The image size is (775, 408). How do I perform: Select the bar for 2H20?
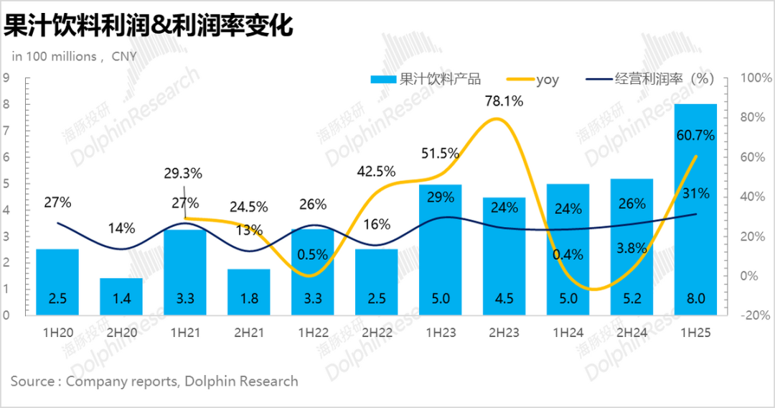(121, 297)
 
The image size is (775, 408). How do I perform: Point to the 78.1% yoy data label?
(504, 101)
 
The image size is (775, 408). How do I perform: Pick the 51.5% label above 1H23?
(440, 152)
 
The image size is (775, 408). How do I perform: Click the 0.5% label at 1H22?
(311, 254)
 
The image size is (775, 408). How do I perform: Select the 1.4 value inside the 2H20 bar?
(121, 299)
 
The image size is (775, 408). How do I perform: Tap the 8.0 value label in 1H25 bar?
(695, 299)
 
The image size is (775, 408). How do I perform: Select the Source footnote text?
(154, 381)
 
